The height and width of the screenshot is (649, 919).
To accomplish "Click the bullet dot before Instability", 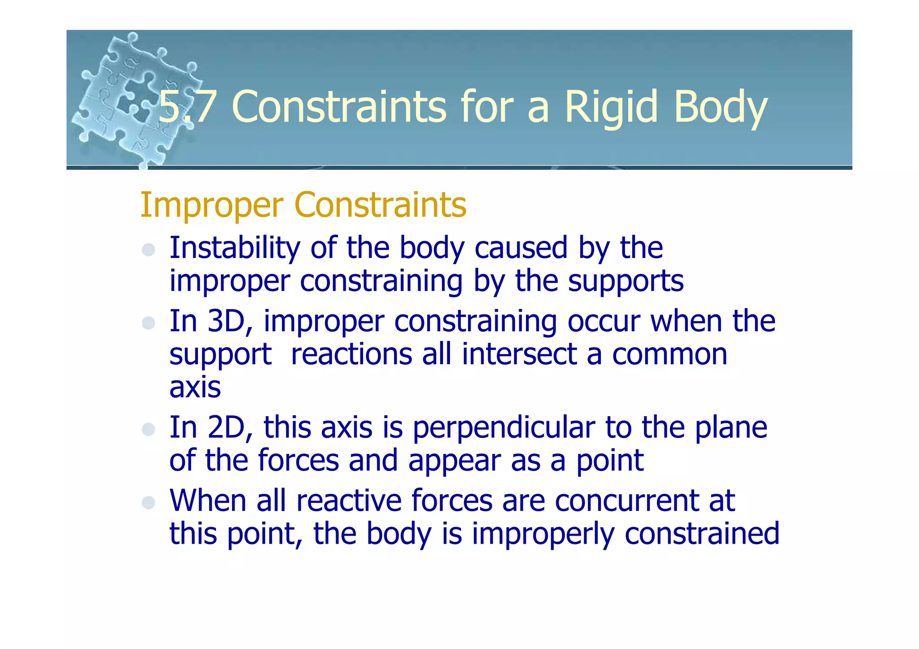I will (x=148, y=250).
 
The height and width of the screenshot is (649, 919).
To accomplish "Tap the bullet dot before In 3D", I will (x=148, y=323).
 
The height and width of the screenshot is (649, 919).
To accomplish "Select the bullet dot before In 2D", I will (x=148, y=429).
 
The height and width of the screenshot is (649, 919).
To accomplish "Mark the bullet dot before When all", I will (x=148, y=502).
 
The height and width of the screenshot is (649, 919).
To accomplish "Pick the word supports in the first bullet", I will (x=626, y=281).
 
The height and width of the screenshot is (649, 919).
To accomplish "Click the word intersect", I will (x=519, y=354).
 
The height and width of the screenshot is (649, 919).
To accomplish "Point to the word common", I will (x=670, y=355).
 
